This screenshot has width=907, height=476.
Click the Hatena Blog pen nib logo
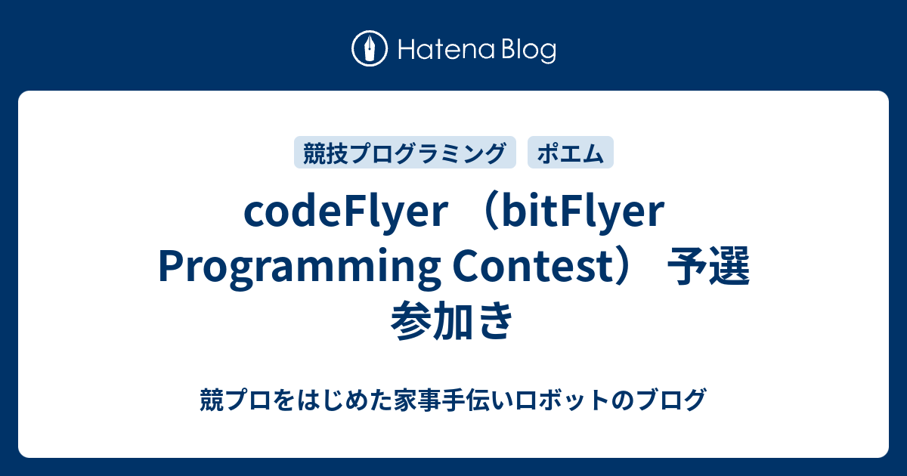pos(370,48)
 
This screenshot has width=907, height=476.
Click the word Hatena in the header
pos(447,50)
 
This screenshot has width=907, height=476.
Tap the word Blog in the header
pos(529,51)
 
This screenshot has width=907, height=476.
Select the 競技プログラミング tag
pos(405,153)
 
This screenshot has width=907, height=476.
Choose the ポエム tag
pos(571,153)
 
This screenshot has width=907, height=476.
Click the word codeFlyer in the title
pos(346,212)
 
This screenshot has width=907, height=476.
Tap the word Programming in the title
pos(300,268)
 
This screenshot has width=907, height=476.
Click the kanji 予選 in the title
pos(709,267)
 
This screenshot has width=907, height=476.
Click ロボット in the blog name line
pos(561,400)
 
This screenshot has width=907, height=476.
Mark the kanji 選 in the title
pos(729,267)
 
